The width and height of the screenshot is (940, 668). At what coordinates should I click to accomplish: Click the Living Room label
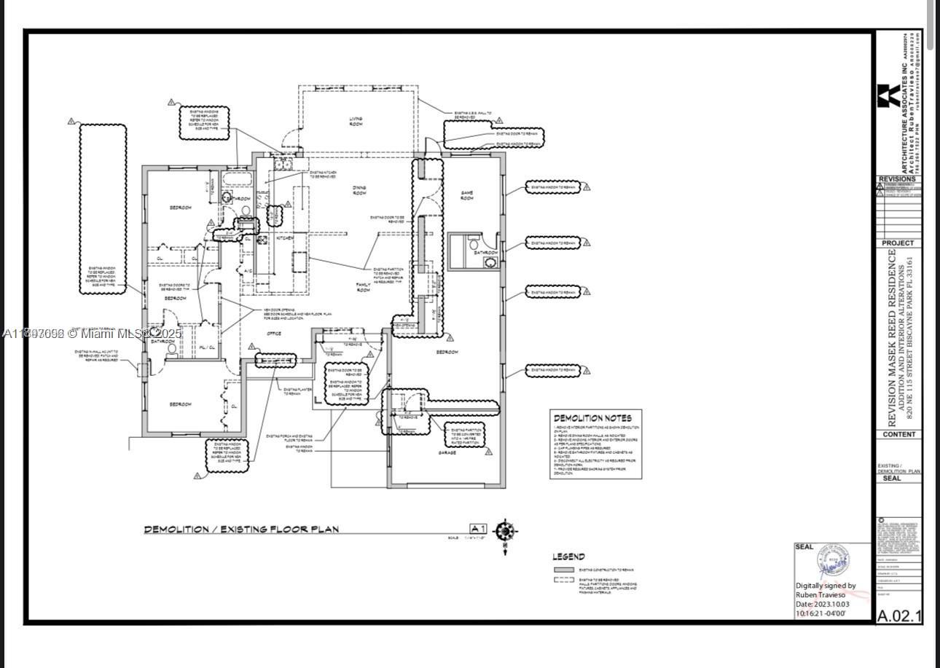coord(356,122)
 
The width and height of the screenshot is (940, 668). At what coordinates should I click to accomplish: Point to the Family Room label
coord(363,287)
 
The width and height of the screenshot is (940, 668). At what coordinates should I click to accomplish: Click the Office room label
coord(274,334)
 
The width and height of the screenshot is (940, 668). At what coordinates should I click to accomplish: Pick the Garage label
coord(447,452)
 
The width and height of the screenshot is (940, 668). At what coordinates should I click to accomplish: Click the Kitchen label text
coord(284,238)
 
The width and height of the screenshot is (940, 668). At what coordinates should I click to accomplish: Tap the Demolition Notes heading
coord(592,418)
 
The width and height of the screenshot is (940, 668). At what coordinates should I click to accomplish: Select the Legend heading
coord(568,557)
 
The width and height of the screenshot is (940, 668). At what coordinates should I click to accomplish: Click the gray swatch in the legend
coord(564,570)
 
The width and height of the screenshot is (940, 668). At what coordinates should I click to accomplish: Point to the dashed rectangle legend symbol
coord(564,581)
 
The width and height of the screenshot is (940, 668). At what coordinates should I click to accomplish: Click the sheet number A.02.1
coord(898,616)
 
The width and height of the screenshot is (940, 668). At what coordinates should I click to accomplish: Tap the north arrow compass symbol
coord(505,531)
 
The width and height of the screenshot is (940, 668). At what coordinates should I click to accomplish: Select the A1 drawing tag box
coord(477,529)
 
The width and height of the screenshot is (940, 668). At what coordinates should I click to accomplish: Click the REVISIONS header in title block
coord(898,179)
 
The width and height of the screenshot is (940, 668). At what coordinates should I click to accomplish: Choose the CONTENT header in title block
coord(898,434)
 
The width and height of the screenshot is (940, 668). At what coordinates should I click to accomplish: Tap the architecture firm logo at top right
coord(888,96)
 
